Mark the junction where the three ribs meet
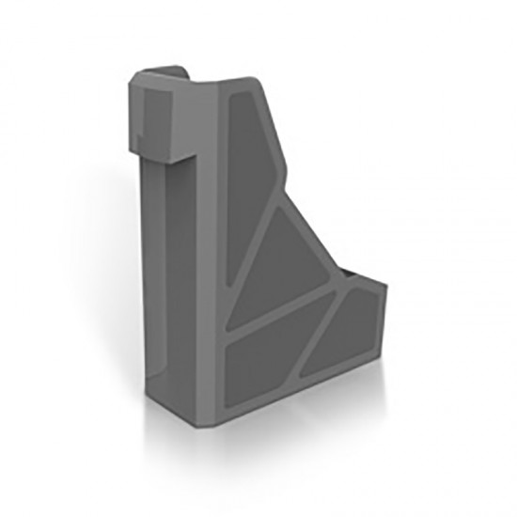(335, 297)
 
